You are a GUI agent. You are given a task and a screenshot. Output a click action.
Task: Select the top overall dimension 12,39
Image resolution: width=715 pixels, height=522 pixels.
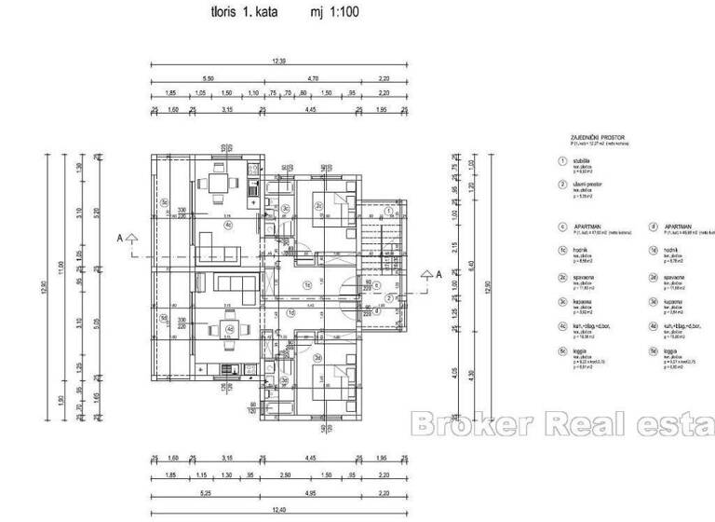coord(278,61)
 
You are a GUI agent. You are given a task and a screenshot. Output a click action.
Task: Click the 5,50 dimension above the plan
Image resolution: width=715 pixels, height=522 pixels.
coord(207,79)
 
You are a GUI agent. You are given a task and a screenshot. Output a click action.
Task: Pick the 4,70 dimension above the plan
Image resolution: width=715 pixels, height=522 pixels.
coord(314,79)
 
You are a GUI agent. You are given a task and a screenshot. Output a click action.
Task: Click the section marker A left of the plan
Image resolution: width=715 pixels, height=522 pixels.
coord(120,238)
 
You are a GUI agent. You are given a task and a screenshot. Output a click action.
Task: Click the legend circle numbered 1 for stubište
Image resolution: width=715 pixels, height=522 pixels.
coord(562,160)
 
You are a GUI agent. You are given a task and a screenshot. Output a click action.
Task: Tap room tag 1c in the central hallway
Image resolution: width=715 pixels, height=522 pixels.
coord(306,285)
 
